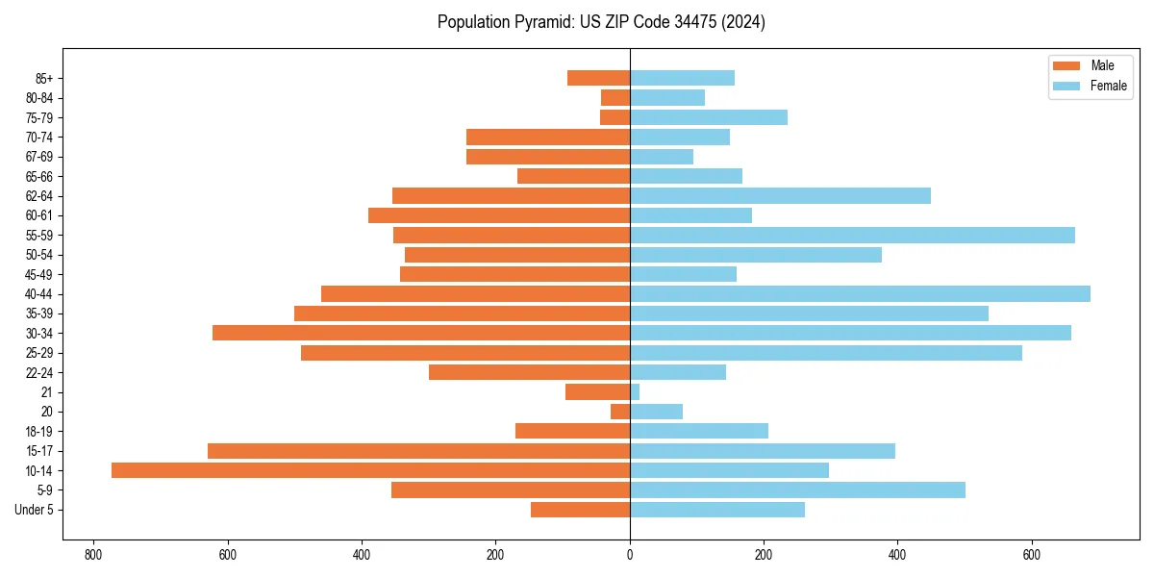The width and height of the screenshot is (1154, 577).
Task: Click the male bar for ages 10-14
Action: point(370,470)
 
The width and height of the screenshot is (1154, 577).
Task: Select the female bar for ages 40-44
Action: point(860,293)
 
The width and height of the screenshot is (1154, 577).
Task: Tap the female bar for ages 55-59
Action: point(852,235)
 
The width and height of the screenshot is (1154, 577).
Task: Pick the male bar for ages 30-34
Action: point(421,333)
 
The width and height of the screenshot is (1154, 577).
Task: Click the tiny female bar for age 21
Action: point(635,391)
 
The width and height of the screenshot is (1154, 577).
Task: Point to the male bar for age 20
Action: point(620,412)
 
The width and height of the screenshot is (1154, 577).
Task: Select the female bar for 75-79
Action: point(709,117)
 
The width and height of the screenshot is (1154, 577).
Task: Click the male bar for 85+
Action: point(598,78)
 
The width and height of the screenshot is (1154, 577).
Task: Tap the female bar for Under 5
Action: point(717,510)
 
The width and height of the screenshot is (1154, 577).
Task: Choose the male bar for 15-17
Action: point(418,451)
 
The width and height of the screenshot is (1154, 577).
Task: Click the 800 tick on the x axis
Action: point(93,556)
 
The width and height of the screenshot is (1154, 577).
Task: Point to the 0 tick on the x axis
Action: point(630,556)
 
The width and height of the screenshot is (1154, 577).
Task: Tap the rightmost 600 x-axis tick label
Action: point(1031,556)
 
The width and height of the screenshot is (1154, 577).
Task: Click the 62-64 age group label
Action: point(39,196)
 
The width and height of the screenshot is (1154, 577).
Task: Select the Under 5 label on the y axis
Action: point(34,510)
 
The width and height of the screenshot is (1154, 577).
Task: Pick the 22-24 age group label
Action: point(39,372)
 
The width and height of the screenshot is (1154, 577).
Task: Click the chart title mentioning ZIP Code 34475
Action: point(601,22)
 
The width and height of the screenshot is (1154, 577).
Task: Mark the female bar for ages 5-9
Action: point(797,490)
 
